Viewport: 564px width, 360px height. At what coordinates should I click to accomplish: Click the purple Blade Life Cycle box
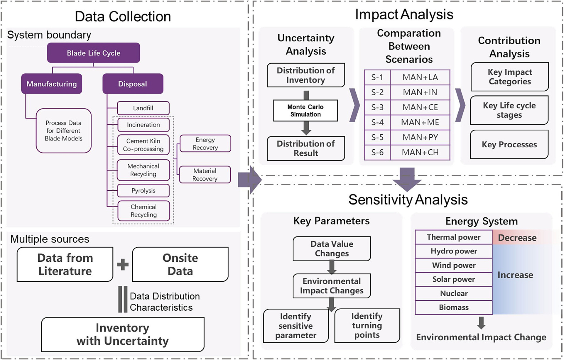(x=93, y=53)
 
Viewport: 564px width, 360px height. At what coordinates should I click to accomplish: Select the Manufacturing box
(x=52, y=84)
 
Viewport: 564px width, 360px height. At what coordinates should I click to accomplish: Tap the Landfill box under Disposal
(x=143, y=108)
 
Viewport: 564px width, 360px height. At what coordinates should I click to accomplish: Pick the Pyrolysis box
(x=143, y=190)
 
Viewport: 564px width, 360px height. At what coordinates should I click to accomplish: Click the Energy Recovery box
(x=205, y=143)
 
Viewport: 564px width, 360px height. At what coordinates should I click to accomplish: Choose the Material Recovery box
(x=205, y=175)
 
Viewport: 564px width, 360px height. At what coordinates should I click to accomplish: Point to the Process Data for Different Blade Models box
(x=64, y=131)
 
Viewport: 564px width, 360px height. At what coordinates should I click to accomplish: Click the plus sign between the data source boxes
(x=123, y=264)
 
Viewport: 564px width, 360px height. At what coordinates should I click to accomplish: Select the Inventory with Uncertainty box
(x=123, y=334)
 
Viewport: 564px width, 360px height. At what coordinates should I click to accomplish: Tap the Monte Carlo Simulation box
(x=305, y=111)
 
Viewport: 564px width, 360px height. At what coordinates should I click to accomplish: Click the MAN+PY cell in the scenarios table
(x=420, y=137)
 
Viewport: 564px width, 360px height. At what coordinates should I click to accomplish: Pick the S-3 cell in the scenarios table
(x=377, y=107)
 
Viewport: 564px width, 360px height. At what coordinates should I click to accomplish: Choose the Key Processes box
(x=509, y=144)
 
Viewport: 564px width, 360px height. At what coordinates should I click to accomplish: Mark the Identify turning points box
(x=367, y=325)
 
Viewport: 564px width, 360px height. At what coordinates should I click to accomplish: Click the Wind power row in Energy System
(x=454, y=265)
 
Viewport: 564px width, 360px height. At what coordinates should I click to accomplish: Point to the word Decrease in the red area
(x=517, y=238)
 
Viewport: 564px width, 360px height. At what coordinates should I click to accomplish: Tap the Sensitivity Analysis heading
(x=408, y=200)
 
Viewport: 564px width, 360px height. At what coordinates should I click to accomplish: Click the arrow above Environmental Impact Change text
(x=481, y=323)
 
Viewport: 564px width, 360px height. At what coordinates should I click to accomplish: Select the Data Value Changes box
(x=332, y=249)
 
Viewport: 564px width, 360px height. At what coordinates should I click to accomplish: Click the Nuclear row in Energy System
(x=454, y=293)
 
